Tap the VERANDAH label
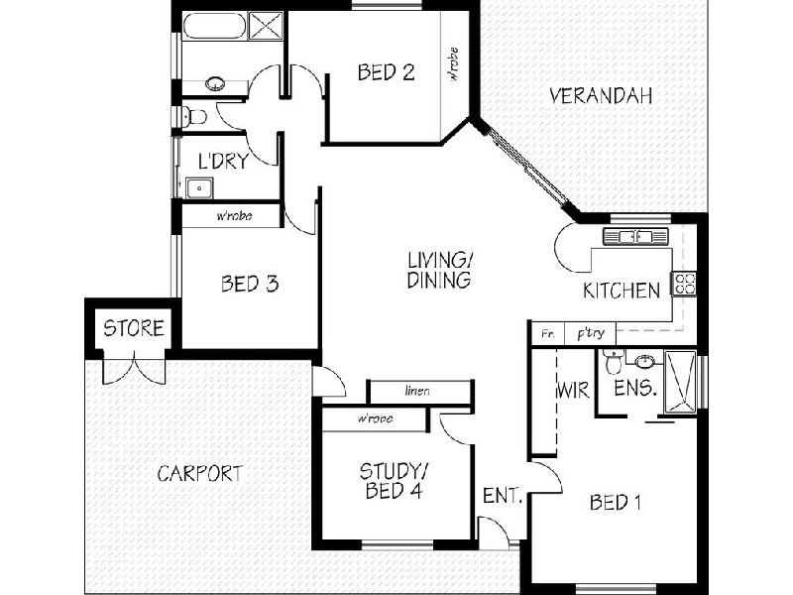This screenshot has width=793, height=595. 600,96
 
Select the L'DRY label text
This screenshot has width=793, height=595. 222,161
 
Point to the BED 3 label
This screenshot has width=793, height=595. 249,285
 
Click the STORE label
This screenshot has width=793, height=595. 133,328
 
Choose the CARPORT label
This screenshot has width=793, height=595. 199,473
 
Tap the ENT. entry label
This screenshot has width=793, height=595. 503,497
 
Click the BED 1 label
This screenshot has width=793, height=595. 615,502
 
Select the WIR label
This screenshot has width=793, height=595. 573,390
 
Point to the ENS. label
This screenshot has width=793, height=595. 634,389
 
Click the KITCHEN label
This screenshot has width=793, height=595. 622,291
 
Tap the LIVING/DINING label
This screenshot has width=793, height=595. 439,270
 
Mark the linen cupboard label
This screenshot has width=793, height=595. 416,392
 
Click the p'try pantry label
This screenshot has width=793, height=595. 591,335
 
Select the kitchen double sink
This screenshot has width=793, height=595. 627,236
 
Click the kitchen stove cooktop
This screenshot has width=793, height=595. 685,284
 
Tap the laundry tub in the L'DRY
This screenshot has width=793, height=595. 199,187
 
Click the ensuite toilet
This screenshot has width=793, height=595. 612,357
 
